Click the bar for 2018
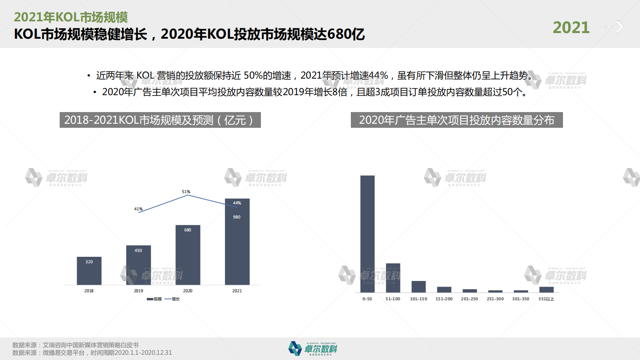[89, 271]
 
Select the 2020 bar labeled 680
[188, 255]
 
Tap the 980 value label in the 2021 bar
[237, 217]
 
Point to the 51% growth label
[186, 192]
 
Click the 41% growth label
[138, 209]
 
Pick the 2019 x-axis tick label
[138, 291]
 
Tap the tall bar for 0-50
[367, 234]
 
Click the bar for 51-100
[393, 278]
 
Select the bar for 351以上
[546, 289]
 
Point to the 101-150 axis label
[419, 299]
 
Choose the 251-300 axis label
[495, 299]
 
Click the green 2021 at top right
[571, 28]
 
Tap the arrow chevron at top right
[618, 27]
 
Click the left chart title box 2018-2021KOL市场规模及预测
[160, 120]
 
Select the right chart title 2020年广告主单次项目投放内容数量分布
[457, 120]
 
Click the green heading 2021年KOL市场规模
[71, 17]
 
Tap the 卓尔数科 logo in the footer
[313, 348]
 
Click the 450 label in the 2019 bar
[138, 251]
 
